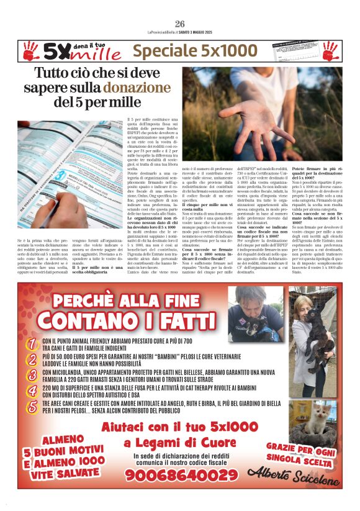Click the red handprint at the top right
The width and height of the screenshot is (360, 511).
pyautogui.click(x=330, y=51)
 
